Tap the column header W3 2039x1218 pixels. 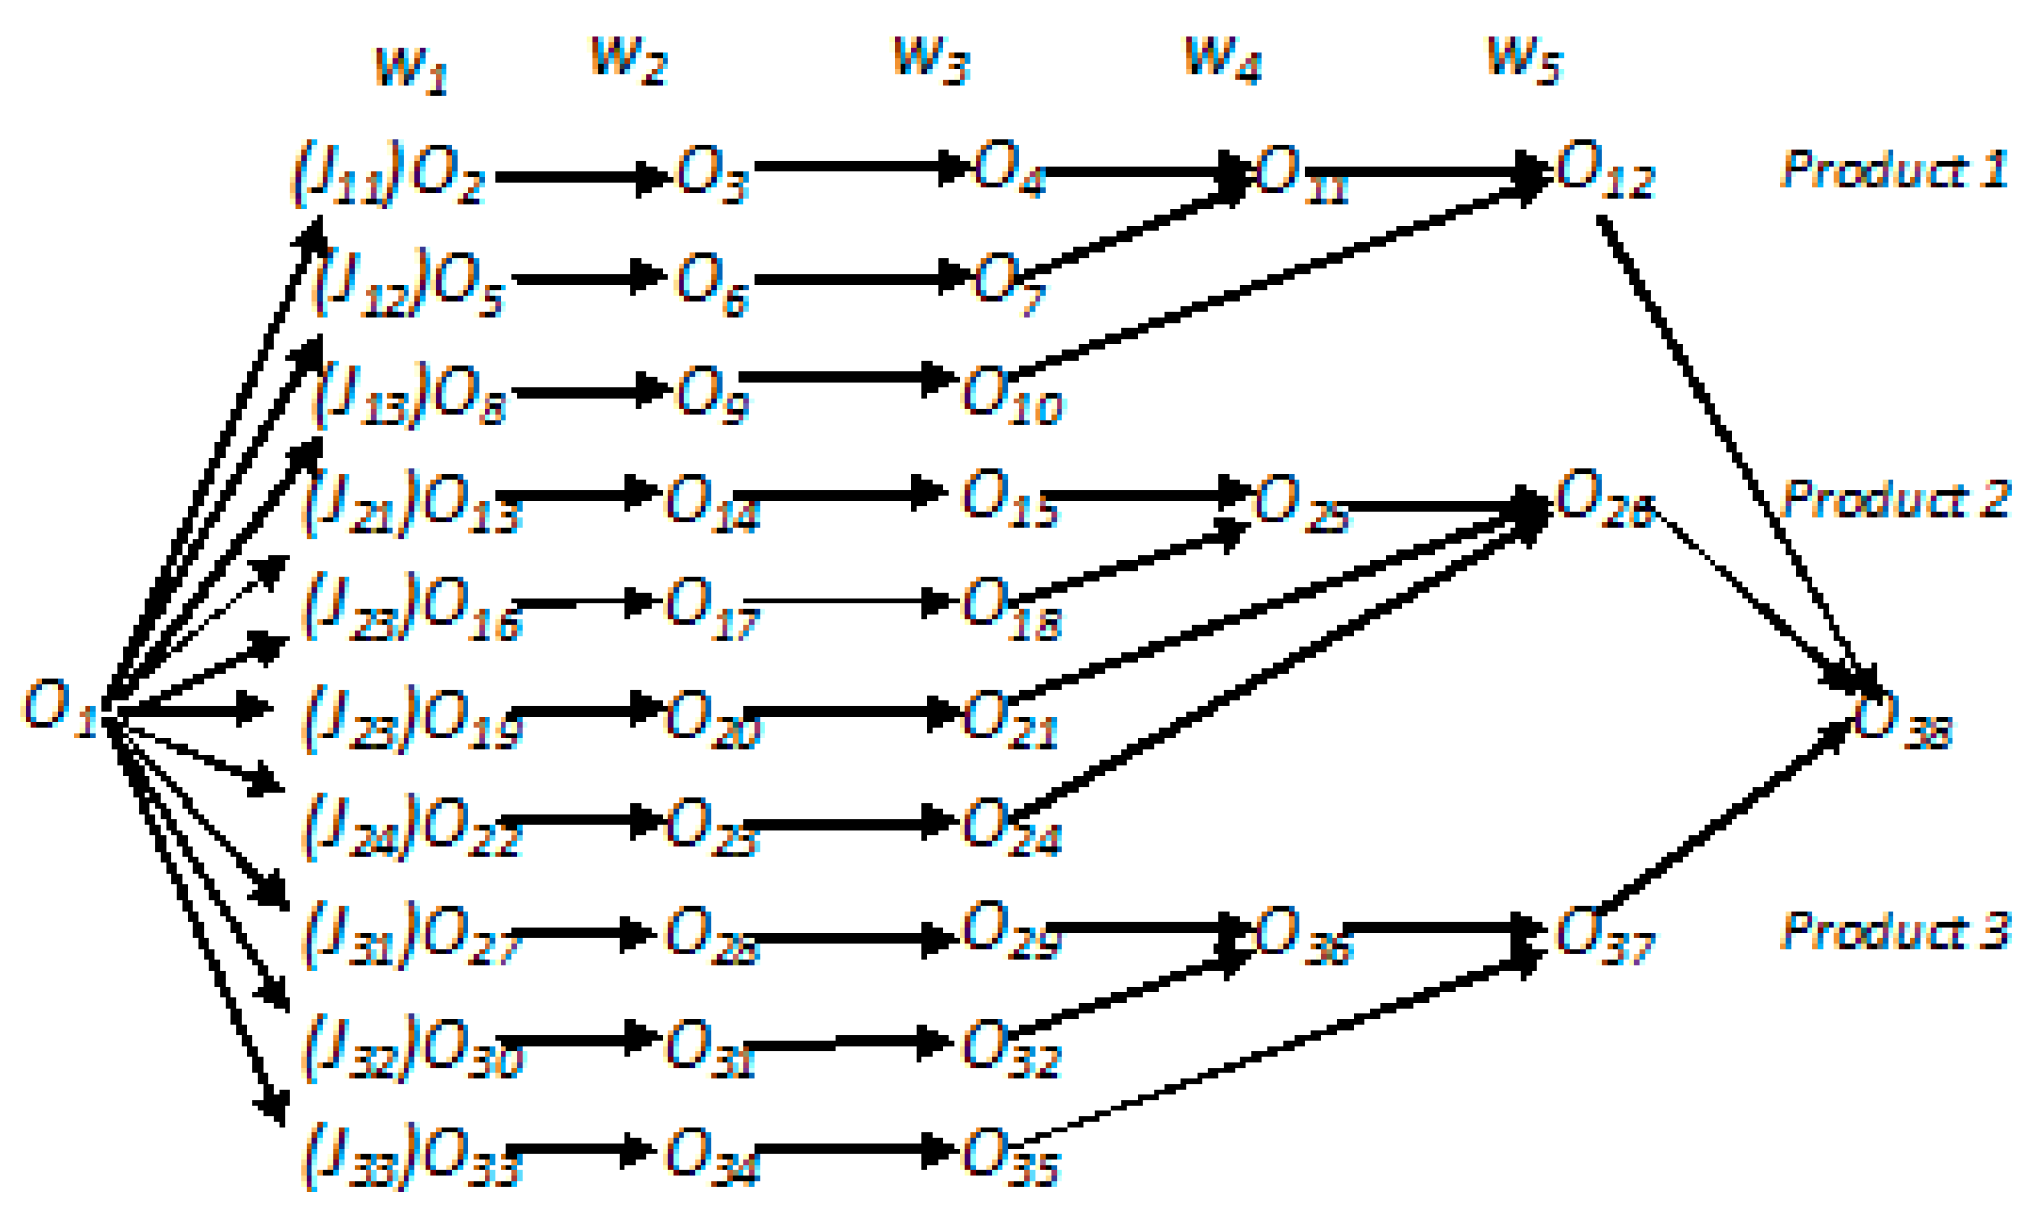point(930,60)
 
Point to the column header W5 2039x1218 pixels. point(1522,60)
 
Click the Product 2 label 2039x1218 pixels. point(1894,500)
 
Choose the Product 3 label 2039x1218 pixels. point(1894,930)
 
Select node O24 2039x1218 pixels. point(1009,827)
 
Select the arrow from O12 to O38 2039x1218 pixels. point(1732,447)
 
